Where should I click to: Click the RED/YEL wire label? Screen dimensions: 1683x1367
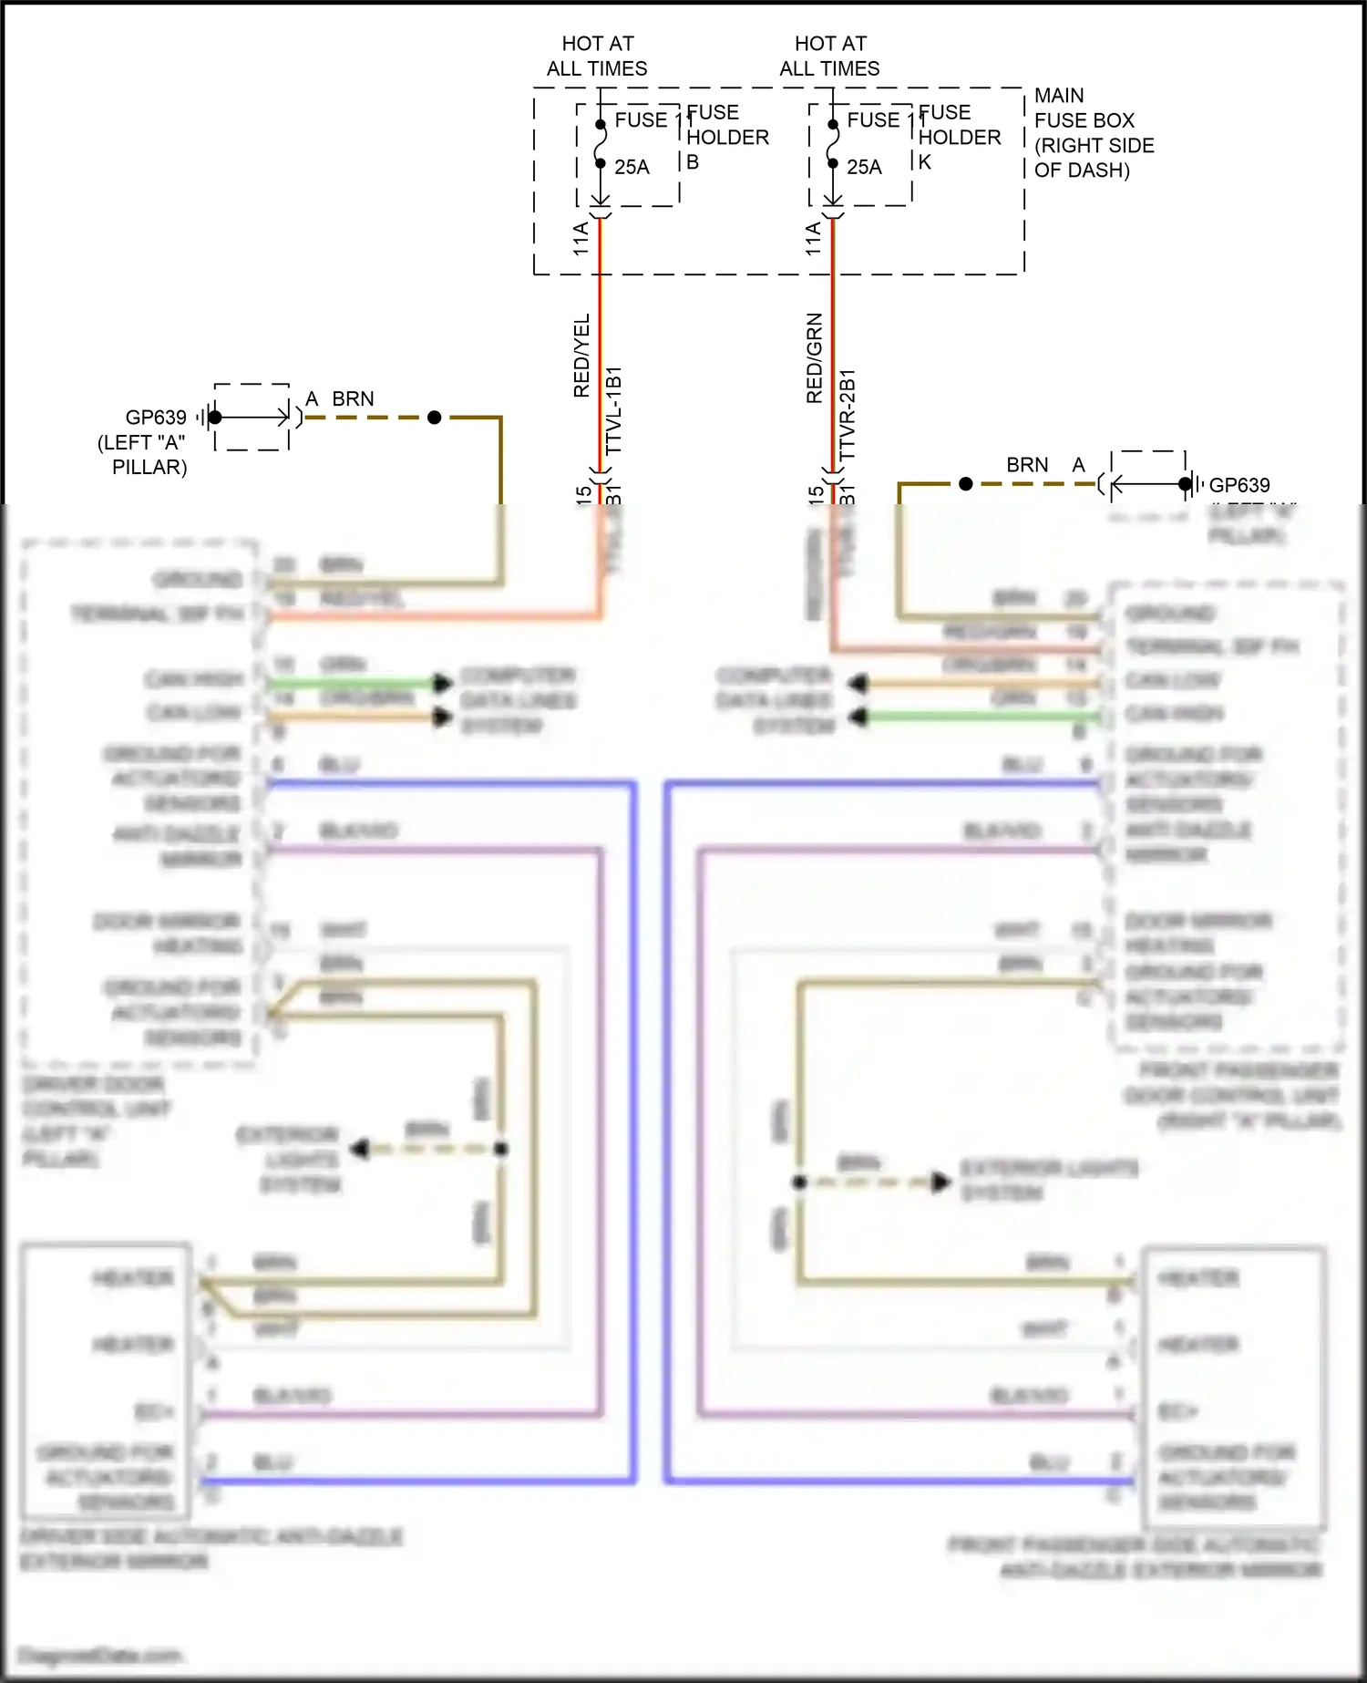click(x=581, y=356)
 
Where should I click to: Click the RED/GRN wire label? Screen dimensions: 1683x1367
click(x=814, y=358)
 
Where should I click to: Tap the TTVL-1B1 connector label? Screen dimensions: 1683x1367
click(x=614, y=410)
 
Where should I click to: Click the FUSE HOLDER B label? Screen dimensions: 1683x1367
click(x=726, y=137)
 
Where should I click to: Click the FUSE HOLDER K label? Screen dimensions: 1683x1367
click(x=959, y=137)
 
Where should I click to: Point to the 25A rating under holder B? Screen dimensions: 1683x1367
click(x=632, y=167)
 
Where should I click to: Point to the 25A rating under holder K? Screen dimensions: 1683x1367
click(x=864, y=167)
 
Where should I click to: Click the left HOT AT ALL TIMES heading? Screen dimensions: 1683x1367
click(x=597, y=56)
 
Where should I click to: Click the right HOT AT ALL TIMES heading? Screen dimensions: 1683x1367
click(x=829, y=56)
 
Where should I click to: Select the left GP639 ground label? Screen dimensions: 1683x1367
click(x=156, y=418)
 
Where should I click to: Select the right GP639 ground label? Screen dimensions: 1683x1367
click(x=1239, y=485)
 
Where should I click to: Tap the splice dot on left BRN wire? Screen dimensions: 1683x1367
click(x=434, y=418)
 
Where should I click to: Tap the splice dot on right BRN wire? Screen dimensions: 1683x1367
click(x=966, y=484)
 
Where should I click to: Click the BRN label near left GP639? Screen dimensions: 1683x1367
click(x=353, y=399)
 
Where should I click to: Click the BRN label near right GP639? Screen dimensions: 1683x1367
click(x=1027, y=465)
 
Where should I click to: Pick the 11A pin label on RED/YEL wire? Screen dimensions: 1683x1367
click(x=581, y=239)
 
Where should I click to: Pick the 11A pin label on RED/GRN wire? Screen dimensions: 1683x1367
click(x=813, y=239)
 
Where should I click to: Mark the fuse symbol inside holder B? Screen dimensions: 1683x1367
click(x=601, y=144)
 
